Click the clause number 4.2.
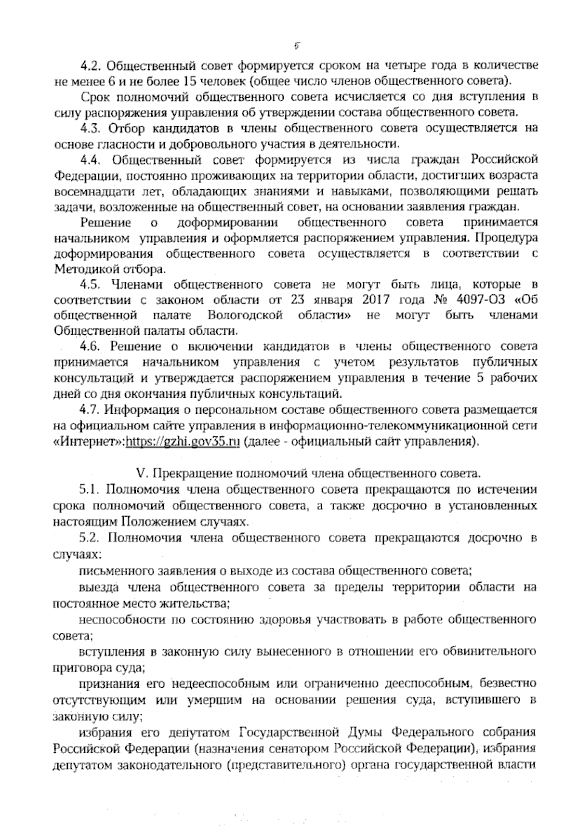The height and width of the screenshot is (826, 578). tap(90, 65)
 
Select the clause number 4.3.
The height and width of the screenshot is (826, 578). tap(91, 129)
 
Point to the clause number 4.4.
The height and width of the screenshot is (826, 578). tap(91, 160)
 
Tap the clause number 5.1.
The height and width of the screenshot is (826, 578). tap(89, 490)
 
